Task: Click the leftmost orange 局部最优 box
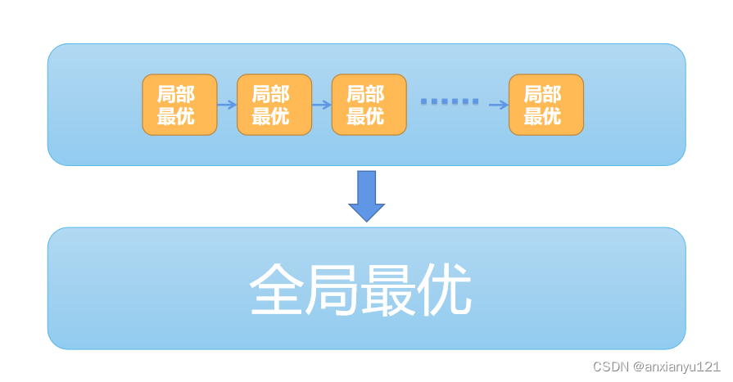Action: coord(179,105)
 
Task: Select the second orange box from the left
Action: coord(274,105)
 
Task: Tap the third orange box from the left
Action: coord(369,105)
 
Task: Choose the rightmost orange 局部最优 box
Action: coord(546,105)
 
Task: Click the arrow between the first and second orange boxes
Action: coord(227,105)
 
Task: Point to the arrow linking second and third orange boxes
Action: coord(322,105)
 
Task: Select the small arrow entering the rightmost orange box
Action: coord(499,105)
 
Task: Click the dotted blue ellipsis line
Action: coord(450,101)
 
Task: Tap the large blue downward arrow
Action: coord(366,195)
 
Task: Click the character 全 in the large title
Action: coord(277,290)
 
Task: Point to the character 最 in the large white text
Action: coord(388,290)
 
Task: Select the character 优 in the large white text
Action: coord(444,290)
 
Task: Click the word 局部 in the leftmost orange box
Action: coord(176,94)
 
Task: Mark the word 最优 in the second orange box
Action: coord(270,116)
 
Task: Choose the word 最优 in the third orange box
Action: coord(365,116)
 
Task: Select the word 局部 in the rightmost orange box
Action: coord(542,94)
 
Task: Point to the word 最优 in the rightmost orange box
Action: coord(542,116)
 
